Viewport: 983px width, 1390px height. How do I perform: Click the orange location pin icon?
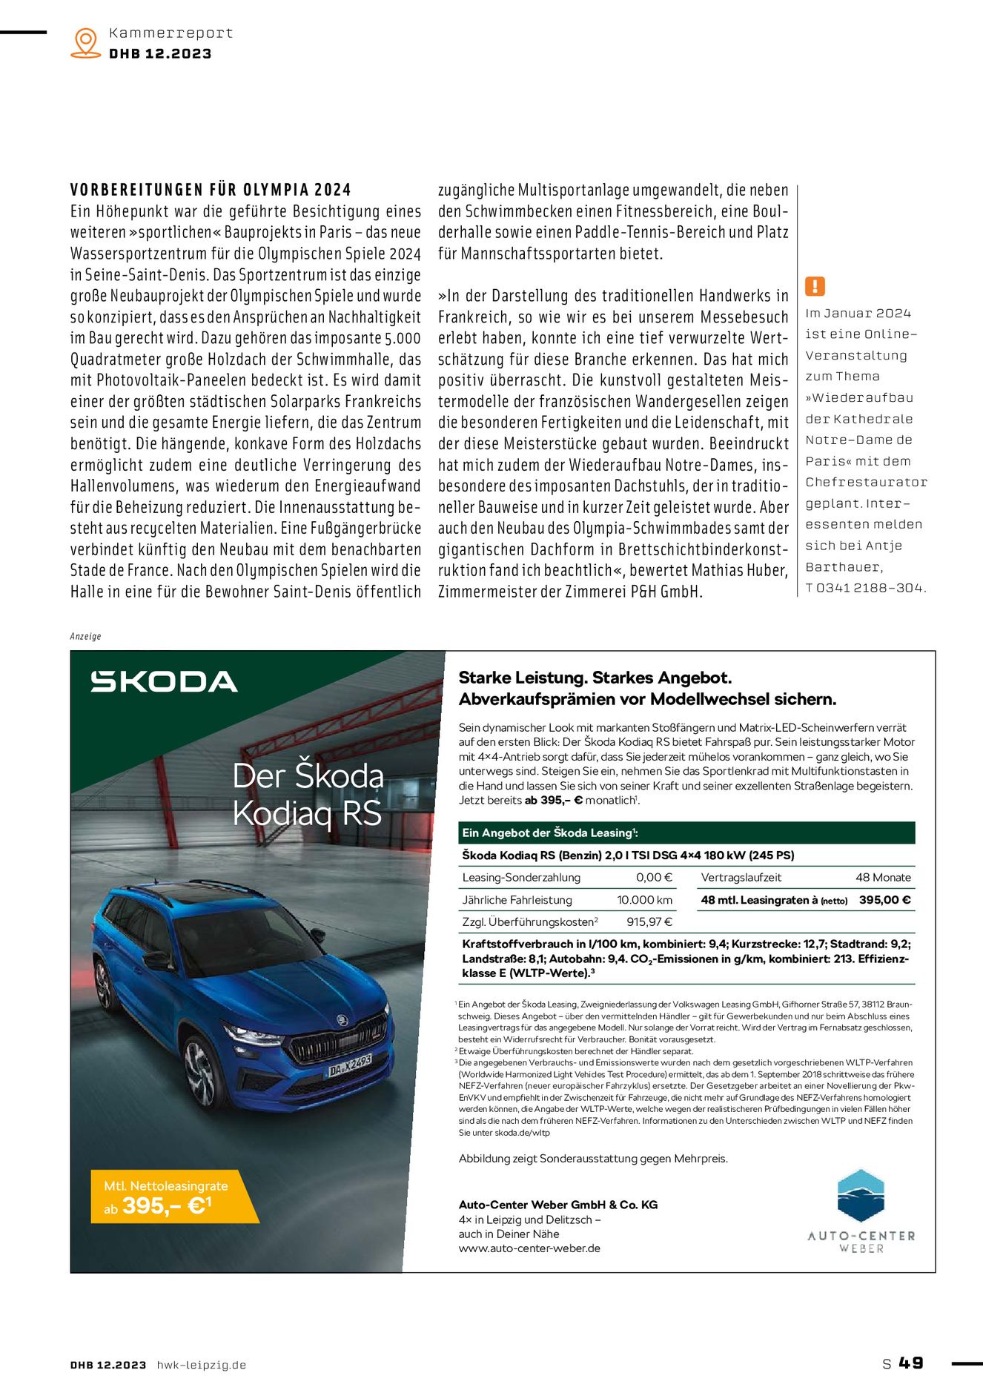pyautogui.click(x=86, y=42)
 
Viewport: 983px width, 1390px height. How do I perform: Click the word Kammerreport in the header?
pyautogui.click(x=171, y=33)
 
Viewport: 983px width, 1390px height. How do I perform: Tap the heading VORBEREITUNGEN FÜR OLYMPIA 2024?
pyautogui.click(x=211, y=190)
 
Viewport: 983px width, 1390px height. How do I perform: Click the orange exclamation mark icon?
pyautogui.click(x=815, y=286)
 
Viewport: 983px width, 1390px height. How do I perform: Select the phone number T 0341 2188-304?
pyautogui.click(x=866, y=588)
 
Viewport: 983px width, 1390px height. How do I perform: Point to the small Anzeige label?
pyautogui.click(x=85, y=636)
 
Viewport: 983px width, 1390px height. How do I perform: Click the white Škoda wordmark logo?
pyautogui.click(x=164, y=681)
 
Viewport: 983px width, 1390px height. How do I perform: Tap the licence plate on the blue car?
pyautogui.click(x=349, y=1066)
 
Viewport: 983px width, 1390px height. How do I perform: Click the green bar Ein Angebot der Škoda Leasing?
pyautogui.click(x=686, y=833)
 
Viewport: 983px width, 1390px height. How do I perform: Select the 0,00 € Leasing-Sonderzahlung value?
pyautogui.click(x=654, y=877)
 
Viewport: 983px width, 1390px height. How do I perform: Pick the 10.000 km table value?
pyautogui.click(x=644, y=900)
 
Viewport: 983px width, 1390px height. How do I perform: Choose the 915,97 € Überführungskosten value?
pyautogui.click(x=649, y=922)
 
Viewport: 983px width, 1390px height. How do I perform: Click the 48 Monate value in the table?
pyautogui.click(x=883, y=877)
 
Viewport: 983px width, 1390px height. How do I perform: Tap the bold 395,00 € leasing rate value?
pyautogui.click(x=884, y=900)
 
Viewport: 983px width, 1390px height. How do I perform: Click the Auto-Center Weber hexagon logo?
pyautogui.click(x=861, y=1196)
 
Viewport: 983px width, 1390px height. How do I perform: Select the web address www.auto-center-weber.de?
pyautogui.click(x=529, y=1248)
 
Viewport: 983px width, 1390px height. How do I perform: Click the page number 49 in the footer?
pyautogui.click(x=911, y=1363)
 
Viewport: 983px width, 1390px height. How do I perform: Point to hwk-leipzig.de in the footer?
pyautogui.click(x=202, y=1365)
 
